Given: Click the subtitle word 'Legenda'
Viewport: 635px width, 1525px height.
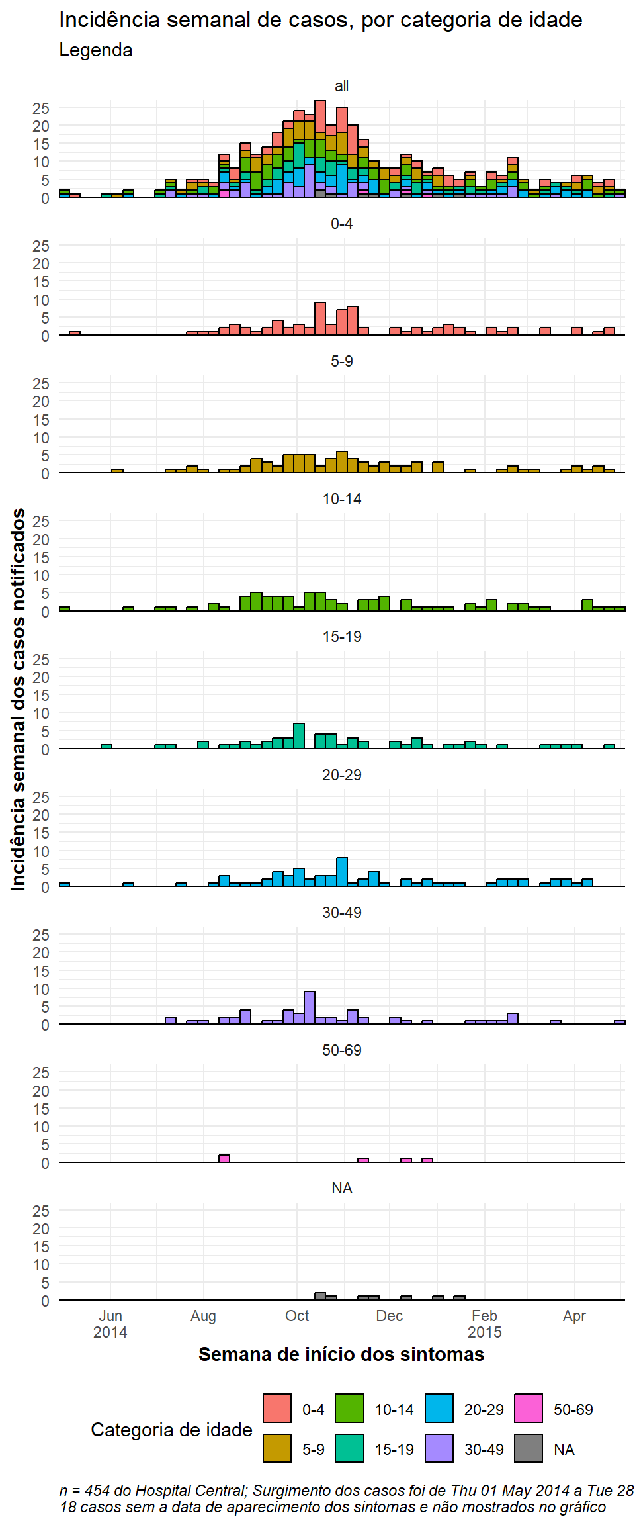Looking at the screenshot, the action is (x=96, y=50).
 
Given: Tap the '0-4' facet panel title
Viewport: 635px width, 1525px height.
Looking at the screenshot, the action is (x=342, y=224).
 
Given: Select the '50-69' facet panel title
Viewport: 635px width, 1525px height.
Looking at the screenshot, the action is (x=342, y=1050).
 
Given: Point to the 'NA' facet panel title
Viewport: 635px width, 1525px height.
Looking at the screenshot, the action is (x=342, y=1188).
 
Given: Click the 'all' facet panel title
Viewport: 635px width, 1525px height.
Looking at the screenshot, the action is (x=342, y=86).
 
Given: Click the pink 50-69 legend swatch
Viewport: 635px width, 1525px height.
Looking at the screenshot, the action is (x=529, y=1408).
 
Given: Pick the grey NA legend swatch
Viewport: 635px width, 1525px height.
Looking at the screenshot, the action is (x=529, y=1448).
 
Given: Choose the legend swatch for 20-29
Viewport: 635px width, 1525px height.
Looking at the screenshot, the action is (x=439, y=1408).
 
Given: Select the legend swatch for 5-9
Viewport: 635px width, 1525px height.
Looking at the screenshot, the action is (x=277, y=1448).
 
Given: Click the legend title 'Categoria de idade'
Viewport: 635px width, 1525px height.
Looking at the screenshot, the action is (x=171, y=1430).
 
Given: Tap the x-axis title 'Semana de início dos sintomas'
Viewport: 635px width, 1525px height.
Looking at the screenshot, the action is (x=341, y=1354).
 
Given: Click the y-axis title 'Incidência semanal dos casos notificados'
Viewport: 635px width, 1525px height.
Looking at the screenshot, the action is (x=19, y=699).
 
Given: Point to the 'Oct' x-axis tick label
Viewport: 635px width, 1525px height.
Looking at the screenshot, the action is (x=297, y=1316).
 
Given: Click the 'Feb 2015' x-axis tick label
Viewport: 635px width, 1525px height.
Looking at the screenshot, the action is (x=485, y=1324).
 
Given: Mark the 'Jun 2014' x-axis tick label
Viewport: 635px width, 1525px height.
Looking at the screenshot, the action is (x=110, y=1324).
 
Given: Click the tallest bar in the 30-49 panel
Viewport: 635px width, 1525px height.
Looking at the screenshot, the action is (x=310, y=1007).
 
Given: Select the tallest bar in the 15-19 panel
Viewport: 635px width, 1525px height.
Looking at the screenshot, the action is (x=299, y=736).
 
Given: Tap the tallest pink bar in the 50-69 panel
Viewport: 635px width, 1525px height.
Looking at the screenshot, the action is (x=224, y=1158).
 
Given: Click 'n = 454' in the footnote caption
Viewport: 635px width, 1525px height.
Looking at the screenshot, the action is (x=85, y=1490).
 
